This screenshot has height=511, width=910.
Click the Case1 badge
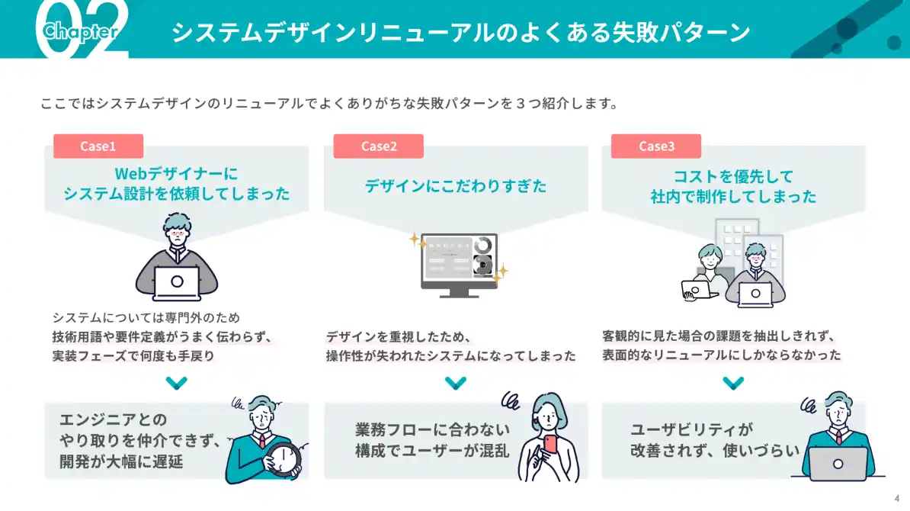pos(98,146)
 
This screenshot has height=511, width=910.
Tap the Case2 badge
pos(378,146)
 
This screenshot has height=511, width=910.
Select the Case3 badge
pos(656,146)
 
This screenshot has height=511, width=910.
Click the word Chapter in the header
pos(80,31)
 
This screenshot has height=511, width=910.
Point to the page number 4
pos(896,499)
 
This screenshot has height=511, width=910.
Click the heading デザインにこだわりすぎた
pos(456,185)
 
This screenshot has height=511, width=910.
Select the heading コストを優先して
pos(733,177)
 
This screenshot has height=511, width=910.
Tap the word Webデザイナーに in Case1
pos(177,173)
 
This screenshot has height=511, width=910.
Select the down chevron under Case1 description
pos(177,382)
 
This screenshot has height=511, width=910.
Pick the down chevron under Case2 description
pos(456,382)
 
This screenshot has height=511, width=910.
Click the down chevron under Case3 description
pos(733,382)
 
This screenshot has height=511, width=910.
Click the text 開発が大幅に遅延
pos(122,461)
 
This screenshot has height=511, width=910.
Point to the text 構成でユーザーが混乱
pos(431,451)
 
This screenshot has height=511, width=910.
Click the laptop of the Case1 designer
pos(177,282)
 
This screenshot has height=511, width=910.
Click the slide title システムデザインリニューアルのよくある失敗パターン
pos(460,33)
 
